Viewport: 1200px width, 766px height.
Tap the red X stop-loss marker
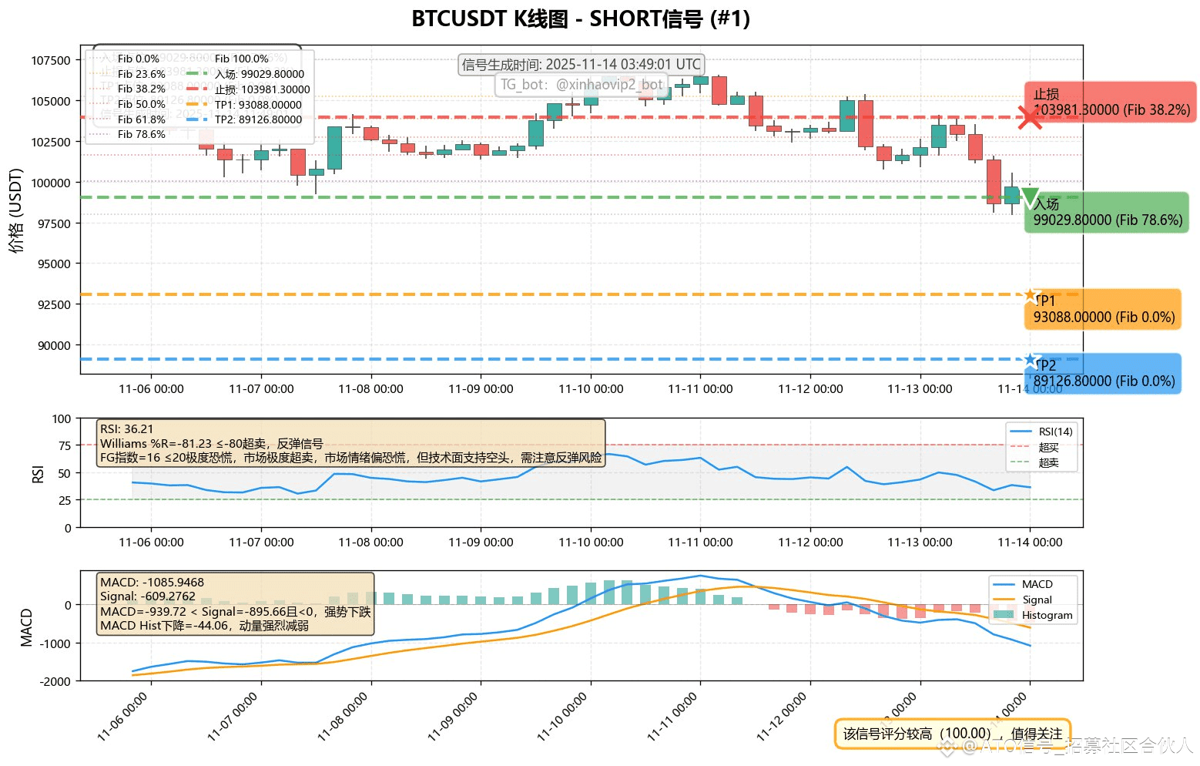[x=1030, y=118]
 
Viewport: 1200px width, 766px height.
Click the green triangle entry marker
[x=1030, y=197]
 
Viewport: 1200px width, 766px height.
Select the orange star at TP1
[x=1030, y=294]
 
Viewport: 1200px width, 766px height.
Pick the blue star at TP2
[x=1030, y=359]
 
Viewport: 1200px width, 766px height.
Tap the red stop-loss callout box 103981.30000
[x=1110, y=102]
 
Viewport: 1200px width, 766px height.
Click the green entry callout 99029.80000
[x=1107, y=213]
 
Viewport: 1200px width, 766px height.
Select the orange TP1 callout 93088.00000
[x=1103, y=310]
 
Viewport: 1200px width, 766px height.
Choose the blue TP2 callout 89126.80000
[x=1103, y=374]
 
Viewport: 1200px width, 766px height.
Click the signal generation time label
[x=581, y=65]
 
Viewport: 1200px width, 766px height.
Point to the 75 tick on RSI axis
[x=65, y=445]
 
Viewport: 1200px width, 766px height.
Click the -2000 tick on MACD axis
[x=55, y=681]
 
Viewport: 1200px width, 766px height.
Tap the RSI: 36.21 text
[x=127, y=429]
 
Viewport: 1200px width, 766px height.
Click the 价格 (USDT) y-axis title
[x=17, y=210]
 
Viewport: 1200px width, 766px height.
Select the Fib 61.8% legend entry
[x=141, y=119]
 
